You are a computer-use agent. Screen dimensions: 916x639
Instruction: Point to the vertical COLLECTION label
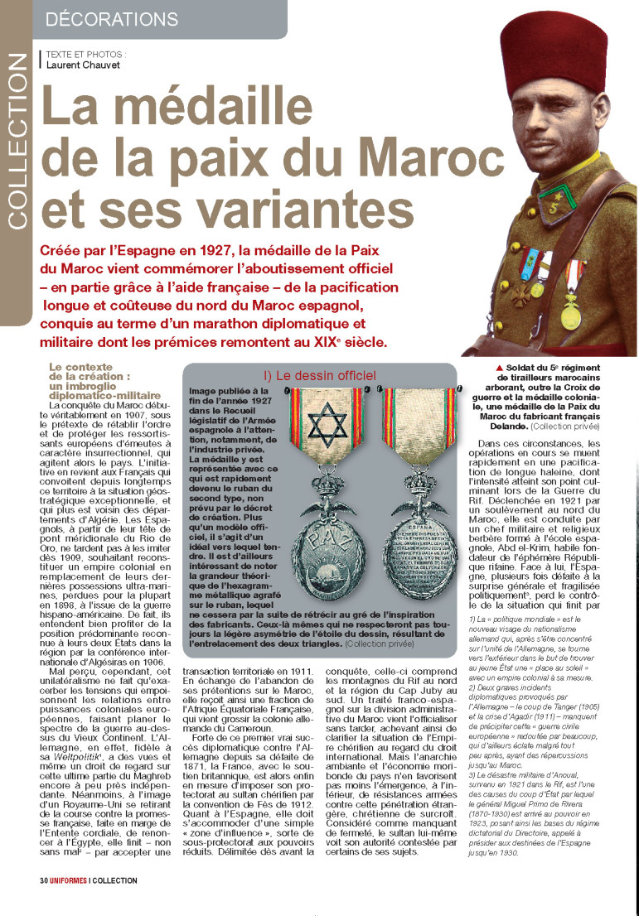tap(17, 142)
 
